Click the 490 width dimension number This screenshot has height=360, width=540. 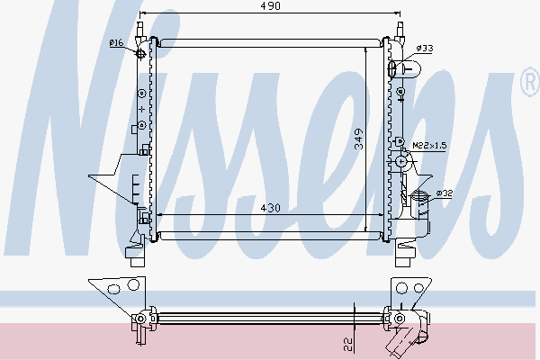tap(271, 6)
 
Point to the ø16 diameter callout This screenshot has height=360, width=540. tap(116, 42)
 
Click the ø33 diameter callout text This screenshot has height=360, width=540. tap(426, 48)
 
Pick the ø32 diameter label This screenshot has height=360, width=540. tap(444, 193)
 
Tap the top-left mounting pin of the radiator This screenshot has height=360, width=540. tap(141, 27)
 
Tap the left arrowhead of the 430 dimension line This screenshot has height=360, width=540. tap(159, 215)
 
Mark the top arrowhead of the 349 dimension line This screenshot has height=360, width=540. tap(365, 47)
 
